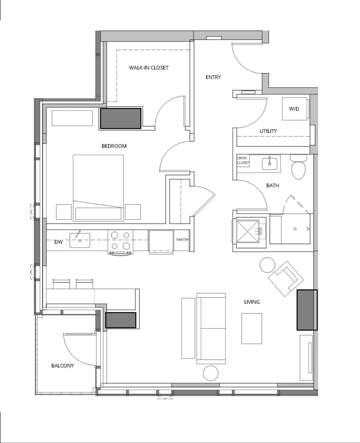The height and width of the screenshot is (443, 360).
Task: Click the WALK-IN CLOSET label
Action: click(x=148, y=67)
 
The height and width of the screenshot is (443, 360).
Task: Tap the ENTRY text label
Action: click(x=213, y=77)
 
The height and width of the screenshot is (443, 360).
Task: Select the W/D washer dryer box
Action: click(x=294, y=109)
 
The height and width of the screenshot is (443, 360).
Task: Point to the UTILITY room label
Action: click(x=268, y=131)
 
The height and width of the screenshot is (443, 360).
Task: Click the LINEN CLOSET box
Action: click(x=243, y=161)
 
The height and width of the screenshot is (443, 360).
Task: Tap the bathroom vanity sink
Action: click(x=271, y=163)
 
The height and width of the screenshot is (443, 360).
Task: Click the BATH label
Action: click(x=272, y=186)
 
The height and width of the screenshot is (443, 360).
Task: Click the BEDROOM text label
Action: click(x=114, y=146)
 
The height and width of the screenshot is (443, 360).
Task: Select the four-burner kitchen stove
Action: click(x=120, y=241)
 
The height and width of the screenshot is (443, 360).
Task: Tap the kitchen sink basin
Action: click(x=80, y=240)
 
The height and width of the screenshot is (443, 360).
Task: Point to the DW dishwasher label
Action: click(x=58, y=242)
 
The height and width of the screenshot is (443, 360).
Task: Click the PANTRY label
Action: click(x=182, y=239)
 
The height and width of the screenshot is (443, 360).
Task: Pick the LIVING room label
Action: click(x=252, y=302)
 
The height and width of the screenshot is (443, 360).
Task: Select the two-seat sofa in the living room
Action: click(x=211, y=328)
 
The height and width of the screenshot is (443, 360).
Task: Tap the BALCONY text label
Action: click(x=62, y=365)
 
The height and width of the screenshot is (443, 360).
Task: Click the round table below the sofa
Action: click(x=210, y=373)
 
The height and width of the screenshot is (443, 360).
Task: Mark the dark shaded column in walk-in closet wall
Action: click(x=120, y=119)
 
